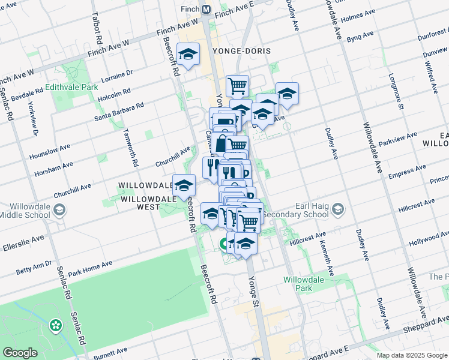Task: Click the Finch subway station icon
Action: tap(206, 10)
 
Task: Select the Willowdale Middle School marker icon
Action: tap(59, 210)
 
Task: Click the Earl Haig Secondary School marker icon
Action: tap(338, 209)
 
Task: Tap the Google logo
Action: tap(20, 353)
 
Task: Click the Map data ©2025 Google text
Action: tap(412, 355)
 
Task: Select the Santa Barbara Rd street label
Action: tap(119, 112)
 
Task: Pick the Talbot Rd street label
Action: tap(96, 28)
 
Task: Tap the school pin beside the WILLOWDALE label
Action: tap(184, 185)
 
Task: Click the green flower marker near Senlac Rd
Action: tap(56, 325)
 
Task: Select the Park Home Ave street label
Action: tap(90, 268)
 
